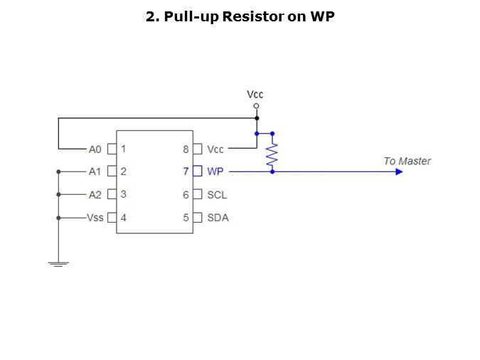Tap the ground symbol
(x=58, y=264)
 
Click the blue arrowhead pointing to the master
(x=399, y=171)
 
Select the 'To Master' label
(x=407, y=161)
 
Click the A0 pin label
(x=95, y=149)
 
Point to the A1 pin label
(x=95, y=171)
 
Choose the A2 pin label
(x=95, y=194)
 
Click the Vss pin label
(x=95, y=217)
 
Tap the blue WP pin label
(x=215, y=171)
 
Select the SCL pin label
(x=217, y=194)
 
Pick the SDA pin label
(x=218, y=217)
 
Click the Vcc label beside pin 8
(x=215, y=149)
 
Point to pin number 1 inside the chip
(x=124, y=149)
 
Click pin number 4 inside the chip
(x=124, y=217)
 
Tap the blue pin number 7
(x=186, y=171)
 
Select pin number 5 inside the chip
(x=186, y=217)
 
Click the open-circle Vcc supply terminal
(x=256, y=105)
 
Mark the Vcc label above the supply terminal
(x=255, y=94)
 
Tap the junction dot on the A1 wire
(x=58, y=171)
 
